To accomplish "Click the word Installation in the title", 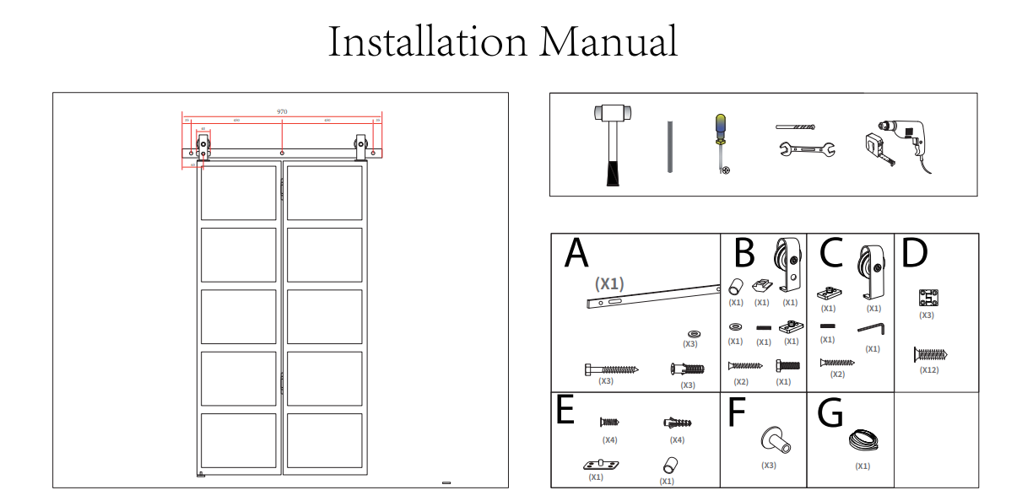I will click(x=427, y=41).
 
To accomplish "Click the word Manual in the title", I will click(x=608, y=41).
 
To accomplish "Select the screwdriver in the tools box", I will click(x=721, y=143).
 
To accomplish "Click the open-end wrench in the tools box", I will click(x=806, y=151).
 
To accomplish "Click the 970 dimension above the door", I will click(x=282, y=111).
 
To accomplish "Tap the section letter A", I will click(x=576, y=253).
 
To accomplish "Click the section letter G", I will click(x=831, y=412).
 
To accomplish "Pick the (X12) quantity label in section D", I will click(x=929, y=369).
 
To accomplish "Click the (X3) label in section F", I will click(x=768, y=466).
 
